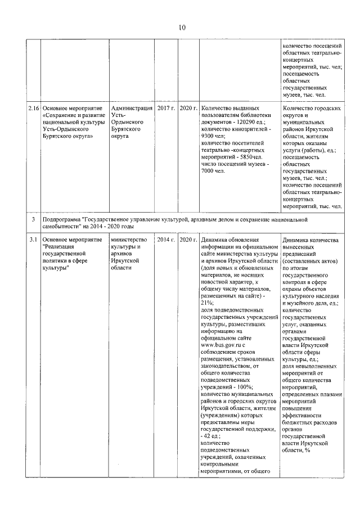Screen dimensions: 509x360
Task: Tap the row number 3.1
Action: pyautogui.click(x=34, y=240)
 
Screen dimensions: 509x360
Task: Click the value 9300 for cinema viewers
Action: pyautogui.click(x=209, y=136)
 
